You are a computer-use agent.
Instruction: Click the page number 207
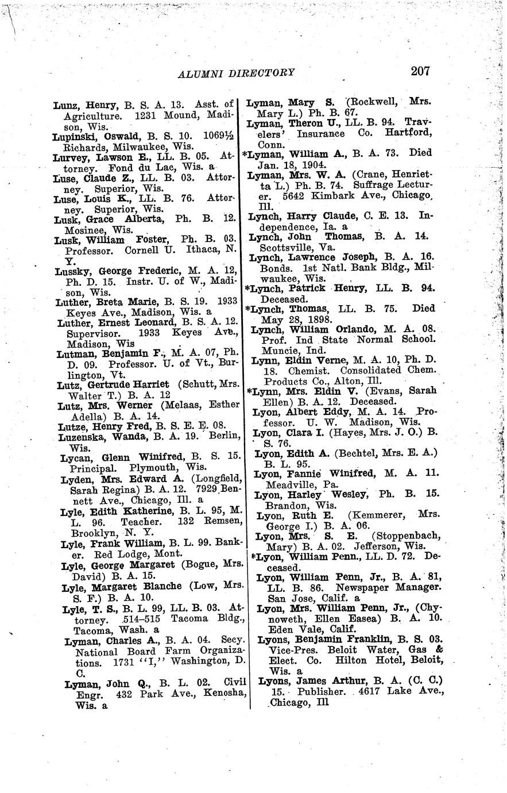click(x=420, y=71)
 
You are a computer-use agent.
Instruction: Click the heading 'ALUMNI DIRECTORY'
click(x=237, y=72)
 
